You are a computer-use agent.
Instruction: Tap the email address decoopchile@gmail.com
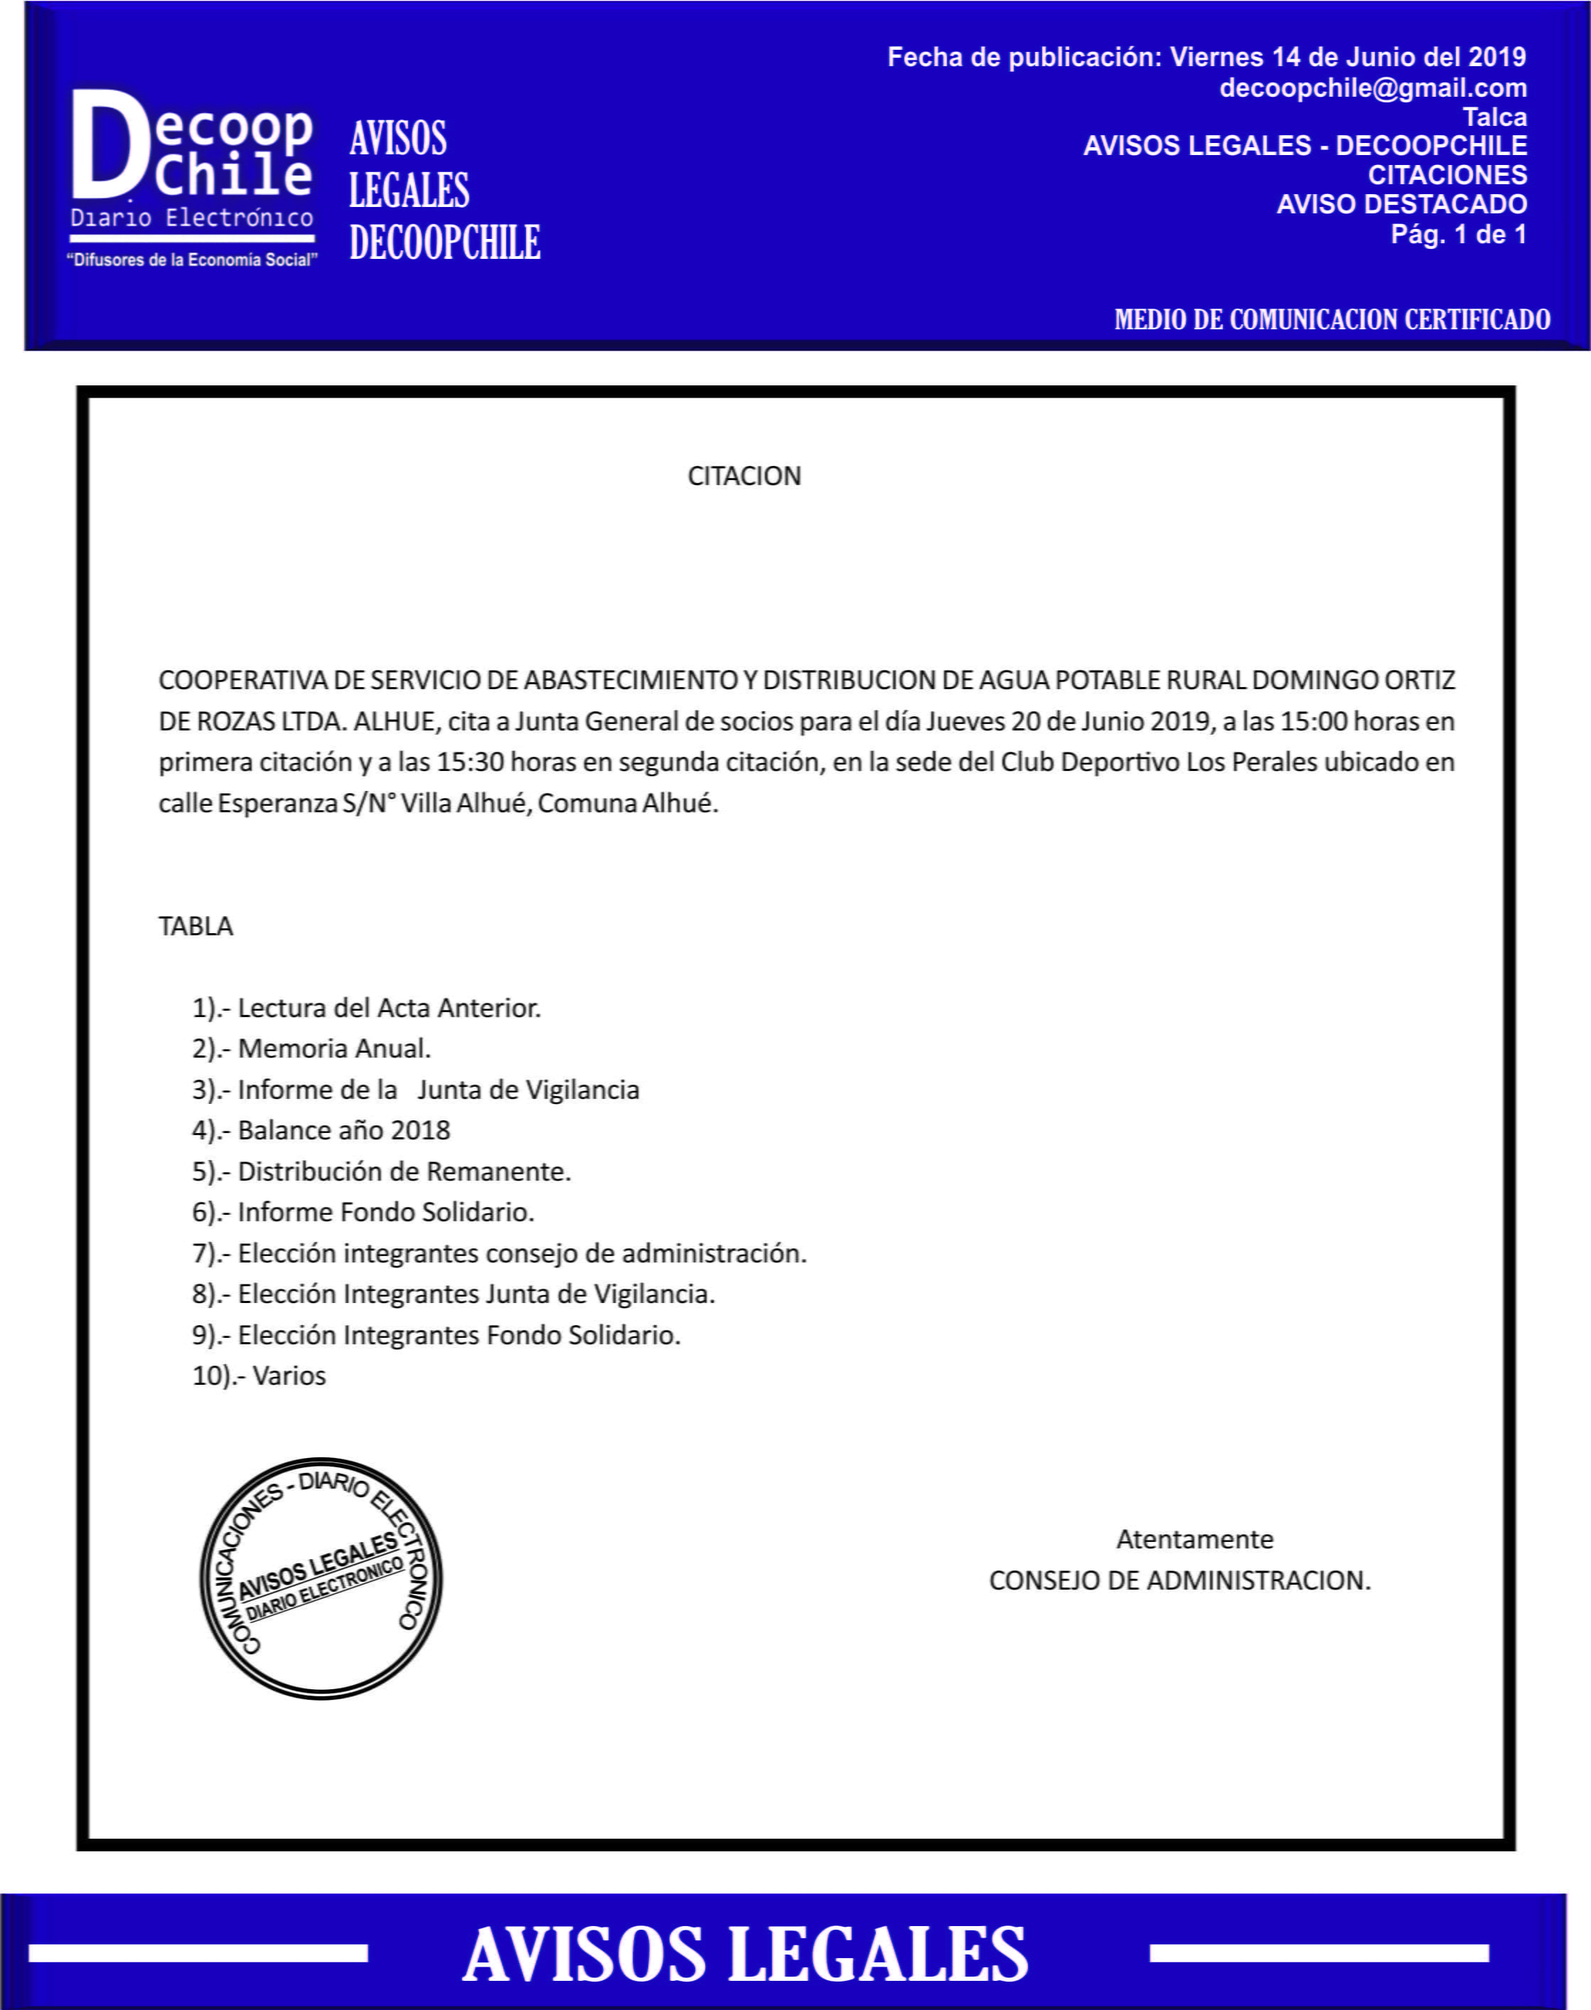point(1372,88)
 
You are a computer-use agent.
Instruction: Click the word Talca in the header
point(1494,117)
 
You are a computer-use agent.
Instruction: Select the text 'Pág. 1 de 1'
point(1458,234)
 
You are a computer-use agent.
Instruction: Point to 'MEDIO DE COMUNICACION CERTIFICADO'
point(1332,319)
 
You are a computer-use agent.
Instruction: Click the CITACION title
point(744,476)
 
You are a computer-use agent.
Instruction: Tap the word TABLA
point(195,926)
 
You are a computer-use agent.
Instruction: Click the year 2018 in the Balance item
point(420,1130)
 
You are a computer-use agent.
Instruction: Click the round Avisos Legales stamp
point(321,1578)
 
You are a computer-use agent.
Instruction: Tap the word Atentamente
point(1194,1538)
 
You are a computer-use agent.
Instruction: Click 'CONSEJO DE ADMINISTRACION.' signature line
point(1179,1580)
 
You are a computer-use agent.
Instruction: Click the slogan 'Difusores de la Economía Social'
point(192,260)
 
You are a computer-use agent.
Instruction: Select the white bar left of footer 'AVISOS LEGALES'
point(198,1953)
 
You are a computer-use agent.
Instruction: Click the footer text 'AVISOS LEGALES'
point(745,1953)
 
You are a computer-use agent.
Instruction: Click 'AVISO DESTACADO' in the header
point(1401,204)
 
